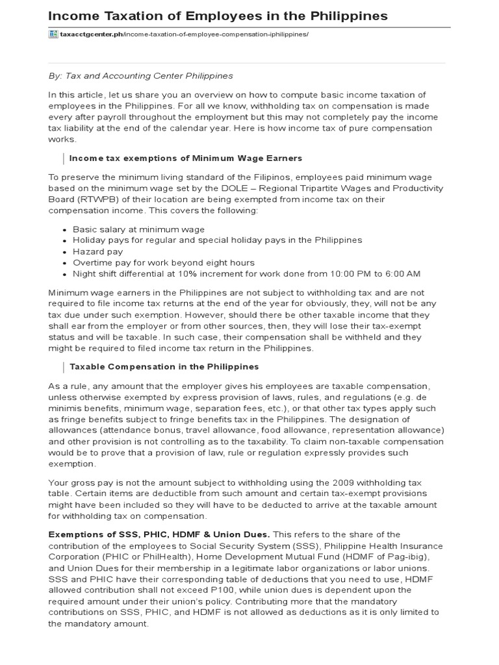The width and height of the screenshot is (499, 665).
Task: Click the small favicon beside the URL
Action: pos(53,34)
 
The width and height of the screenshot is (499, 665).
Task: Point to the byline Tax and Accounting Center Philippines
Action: pos(152,75)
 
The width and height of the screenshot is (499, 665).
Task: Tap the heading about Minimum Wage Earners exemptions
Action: pos(185,158)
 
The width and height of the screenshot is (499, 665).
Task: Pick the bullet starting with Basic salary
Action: pos(138,229)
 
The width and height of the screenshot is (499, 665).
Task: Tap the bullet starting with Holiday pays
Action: pos(217,240)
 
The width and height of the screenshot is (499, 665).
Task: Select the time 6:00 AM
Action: pos(400,273)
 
